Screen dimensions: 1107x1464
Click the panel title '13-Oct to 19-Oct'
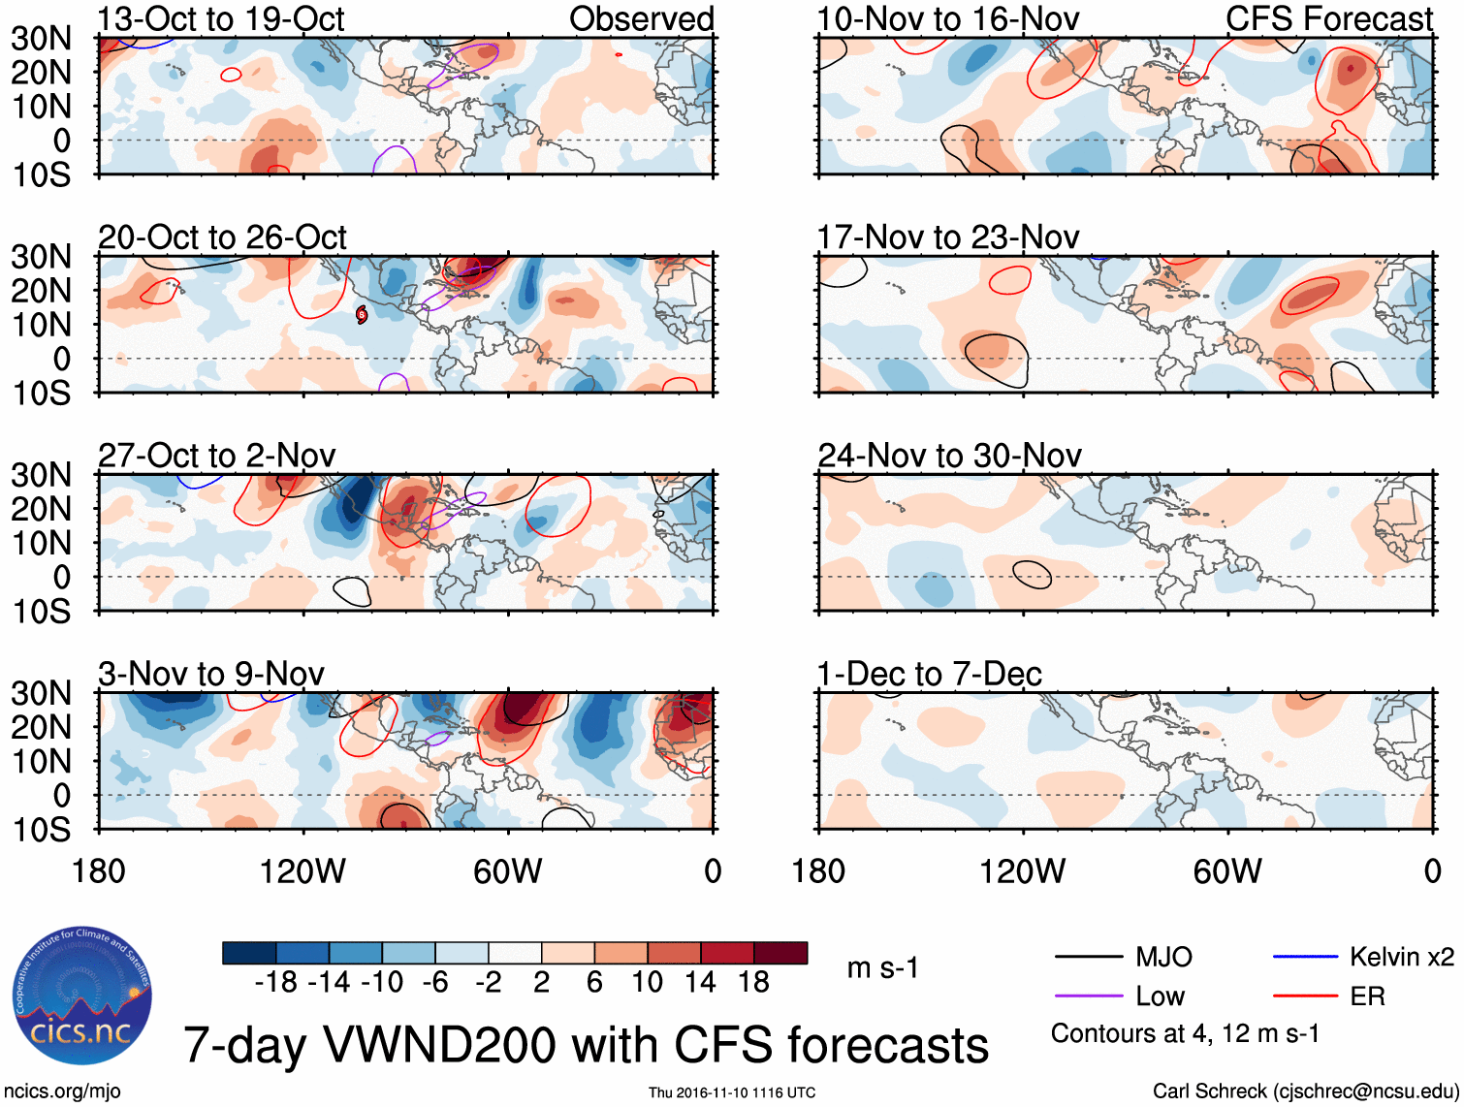(x=221, y=19)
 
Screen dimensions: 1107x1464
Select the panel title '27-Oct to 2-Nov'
(x=217, y=456)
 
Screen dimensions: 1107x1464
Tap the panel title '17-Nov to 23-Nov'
(x=947, y=237)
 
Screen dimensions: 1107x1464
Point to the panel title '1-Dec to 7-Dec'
(x=929, y=674)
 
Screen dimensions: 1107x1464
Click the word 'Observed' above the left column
(x=641, y=19)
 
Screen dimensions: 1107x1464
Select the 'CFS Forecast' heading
(x=1328, y=19)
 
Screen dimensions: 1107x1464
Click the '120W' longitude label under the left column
(x=302, y=871)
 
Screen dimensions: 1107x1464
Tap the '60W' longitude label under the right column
(x=1227, y=871)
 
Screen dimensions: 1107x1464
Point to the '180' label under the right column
(x=818, y=871)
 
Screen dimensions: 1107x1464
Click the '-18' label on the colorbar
(x=276, y=983)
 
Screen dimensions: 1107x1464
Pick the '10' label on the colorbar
(x=647, y=983)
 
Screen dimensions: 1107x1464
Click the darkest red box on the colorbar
(x=780, y=953)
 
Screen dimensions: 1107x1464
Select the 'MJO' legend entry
(x=1163, y=958)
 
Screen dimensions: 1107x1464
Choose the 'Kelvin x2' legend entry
(x=1401, y=958)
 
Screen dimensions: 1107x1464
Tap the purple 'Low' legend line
(x=1089, y=996)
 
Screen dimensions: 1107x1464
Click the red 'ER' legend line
(x=1304, y=996)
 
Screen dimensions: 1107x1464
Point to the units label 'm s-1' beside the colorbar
(x=882, y=967)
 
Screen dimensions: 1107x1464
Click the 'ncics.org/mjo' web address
(x=62, y=1091)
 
